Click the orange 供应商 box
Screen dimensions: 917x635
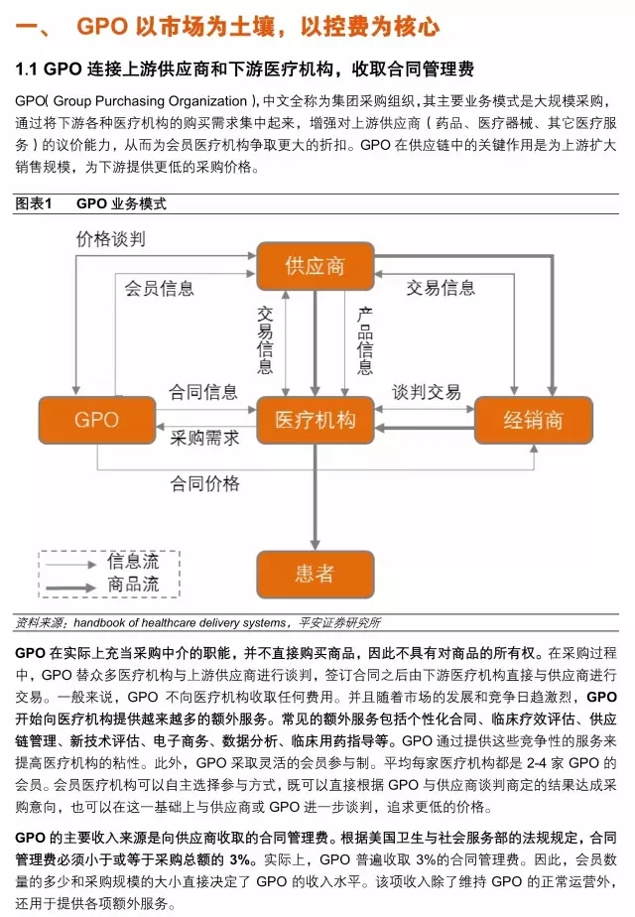point(315,267)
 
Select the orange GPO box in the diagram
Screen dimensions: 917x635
point(97,420)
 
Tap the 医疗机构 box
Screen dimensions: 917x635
point(315,420)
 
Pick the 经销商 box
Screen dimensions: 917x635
point(533,420)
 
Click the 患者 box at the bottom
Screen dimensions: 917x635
point(315,574)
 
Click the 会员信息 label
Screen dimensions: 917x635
point(159,288)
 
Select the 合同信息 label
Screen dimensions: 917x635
point(203,392)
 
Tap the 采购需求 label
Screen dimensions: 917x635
point(204,438)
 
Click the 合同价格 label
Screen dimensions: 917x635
point(204,483)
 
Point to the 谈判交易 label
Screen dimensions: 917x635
point(427,392)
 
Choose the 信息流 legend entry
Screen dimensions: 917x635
point(133,562)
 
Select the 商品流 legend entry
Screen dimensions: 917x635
point(133,585)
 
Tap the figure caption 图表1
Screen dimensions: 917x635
point(33,203)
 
